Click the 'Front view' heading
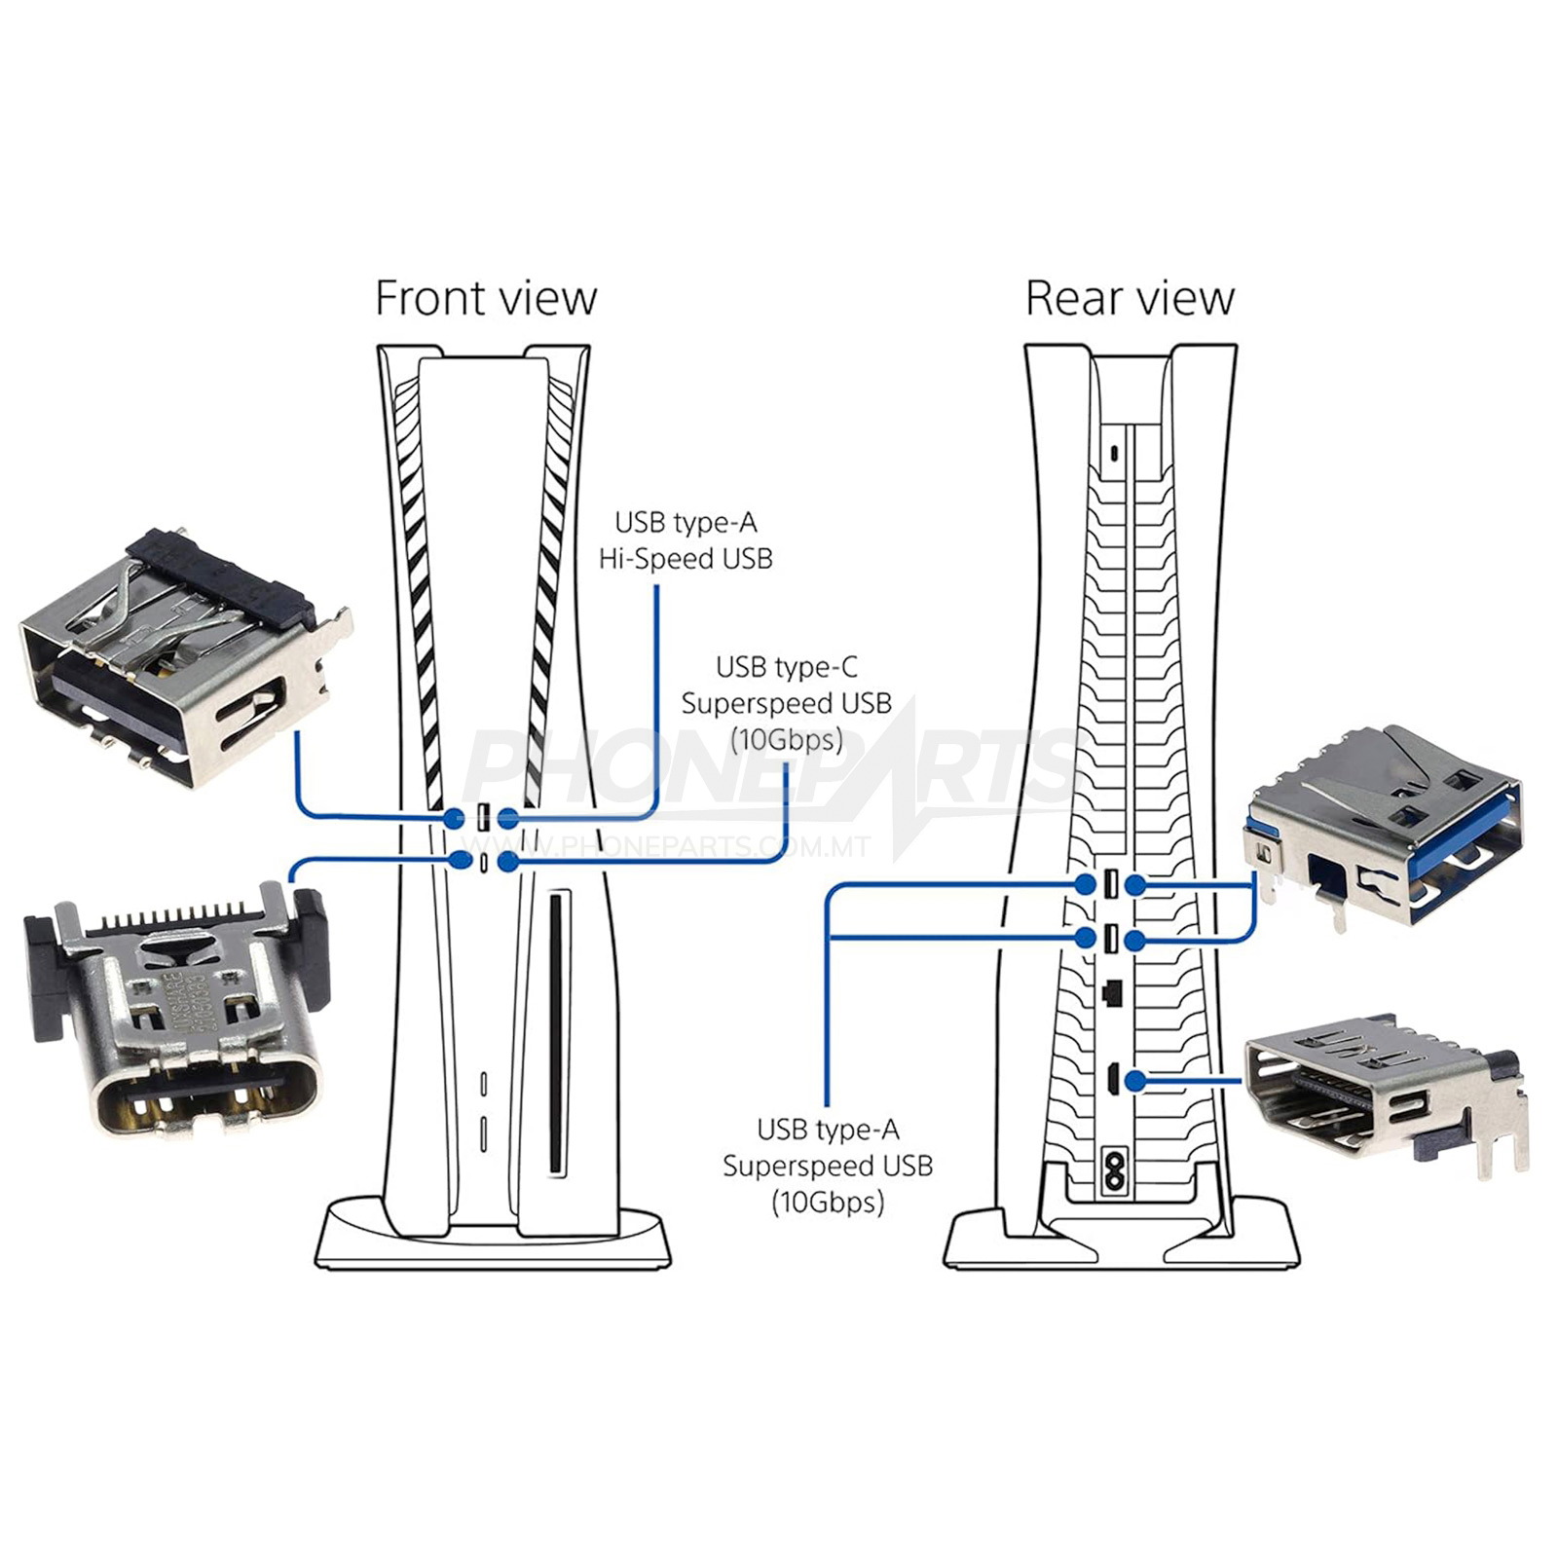pyautogui.click(x=485, y=298)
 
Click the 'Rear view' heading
pyautogui.click(x=1130, y=298)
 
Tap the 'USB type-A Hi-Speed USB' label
pyautogui.click(x=686, y=541)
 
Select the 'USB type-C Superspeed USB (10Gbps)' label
pyautogui.click(x=786, y=704)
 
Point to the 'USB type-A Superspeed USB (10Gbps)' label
pyautogui.click(x=827, y=1166)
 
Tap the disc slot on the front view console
pyautogui.click(x=556, y=1032)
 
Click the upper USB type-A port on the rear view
pyautogui.click(x=1111, y=884)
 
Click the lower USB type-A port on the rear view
pyautogui.click(x=1111, y=940)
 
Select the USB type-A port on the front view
pyautogui.click(x=483, y=818)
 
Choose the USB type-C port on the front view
pyautogui.click(x=483, y=862)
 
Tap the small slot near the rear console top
pyautogui.click(x=1113, y=454)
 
